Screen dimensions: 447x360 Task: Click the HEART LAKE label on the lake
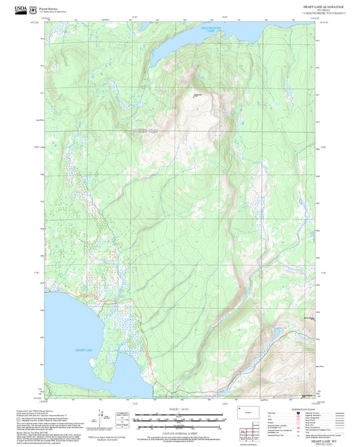point(83,350)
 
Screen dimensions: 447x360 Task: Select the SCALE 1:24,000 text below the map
point(179,409)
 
